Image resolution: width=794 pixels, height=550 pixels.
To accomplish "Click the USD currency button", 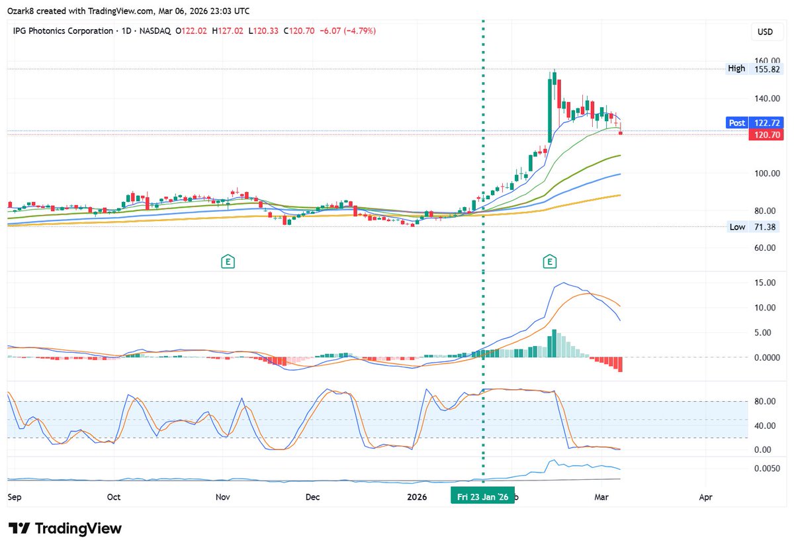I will click(x=765, y=32).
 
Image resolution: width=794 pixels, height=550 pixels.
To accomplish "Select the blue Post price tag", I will click(x=736, y=122).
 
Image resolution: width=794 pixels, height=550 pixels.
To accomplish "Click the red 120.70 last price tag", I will click(x=765, y=134).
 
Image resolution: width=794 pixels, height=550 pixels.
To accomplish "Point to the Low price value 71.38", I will click(x=766, y=227).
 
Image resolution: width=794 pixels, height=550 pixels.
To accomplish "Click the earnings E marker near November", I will click(x=228, y=262).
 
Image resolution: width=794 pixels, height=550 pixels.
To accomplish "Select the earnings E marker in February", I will click(x=549, y=262).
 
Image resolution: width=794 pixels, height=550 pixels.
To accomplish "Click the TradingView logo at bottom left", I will click(x=66, y=528).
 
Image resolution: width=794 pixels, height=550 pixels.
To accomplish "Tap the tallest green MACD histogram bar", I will click(x=554, y=344).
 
